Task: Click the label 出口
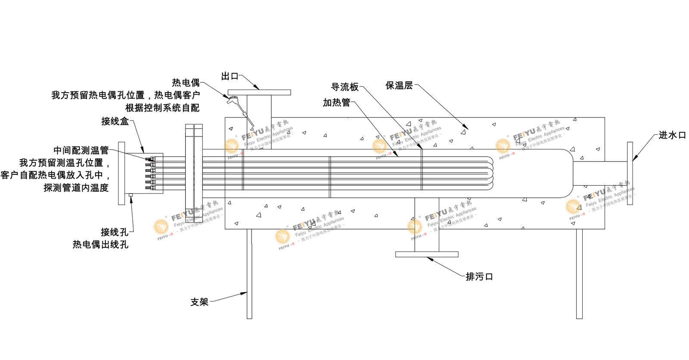[230, 76]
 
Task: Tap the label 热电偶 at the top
[186, 83]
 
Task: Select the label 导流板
[344, 87]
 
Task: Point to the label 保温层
[399, 86]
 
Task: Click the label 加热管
[336, 102]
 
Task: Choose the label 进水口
[672, 135]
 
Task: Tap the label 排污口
[479, 276]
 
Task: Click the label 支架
[199, 302]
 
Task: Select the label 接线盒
[115, 121]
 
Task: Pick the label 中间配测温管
[81, 150]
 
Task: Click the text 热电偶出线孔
[100, 245]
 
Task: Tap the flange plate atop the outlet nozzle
[259, 93]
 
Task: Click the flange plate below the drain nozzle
[426, 254]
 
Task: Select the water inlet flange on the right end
[630, 173]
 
